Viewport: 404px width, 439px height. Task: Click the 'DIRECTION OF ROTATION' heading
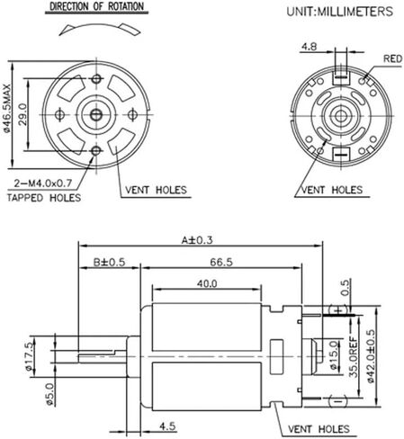pyautogui.click(x=96, y=6)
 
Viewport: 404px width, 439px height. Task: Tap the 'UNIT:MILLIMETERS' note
pyautogui.click(x=339, y=12)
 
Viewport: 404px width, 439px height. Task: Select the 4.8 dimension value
pyautogui.click(x=309, y=47)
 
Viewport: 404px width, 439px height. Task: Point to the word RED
pyautogui.click(x=392, y=58)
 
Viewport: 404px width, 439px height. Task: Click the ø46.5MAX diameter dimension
pyautogui.click(x=7, y=108)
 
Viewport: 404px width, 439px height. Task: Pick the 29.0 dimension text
pyautogui.click(x=22, y=114)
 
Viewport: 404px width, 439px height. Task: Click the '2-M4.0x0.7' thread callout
pyautogui.click(x=43, y=183)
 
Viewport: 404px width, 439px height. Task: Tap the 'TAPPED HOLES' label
pyautogui.click(x=44, y=198)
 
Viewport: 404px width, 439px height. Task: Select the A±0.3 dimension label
pyautogui.click(x=197, y=240)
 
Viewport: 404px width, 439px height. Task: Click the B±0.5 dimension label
pyautogui.click(x=109, y=262)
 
